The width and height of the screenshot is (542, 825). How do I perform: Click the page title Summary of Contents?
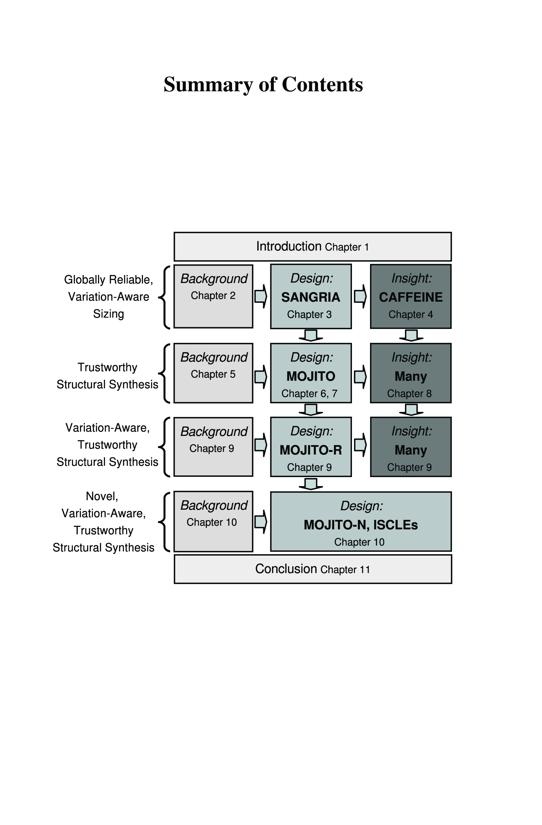(x=263, y=84)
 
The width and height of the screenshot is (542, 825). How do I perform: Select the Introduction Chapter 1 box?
(x=312, y=247)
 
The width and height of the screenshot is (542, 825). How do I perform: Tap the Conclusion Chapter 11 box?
(x=312, y=569)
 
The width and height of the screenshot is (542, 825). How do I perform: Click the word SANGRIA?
(x=310, y=297)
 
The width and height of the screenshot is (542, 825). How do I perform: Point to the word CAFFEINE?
(x=411, y=297)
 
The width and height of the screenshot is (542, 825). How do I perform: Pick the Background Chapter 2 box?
(x=213, y=296)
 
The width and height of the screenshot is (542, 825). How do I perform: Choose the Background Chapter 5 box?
(x=213, y=373)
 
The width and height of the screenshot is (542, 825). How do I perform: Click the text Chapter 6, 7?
(x=309, y=394)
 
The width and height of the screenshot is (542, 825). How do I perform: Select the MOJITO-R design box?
(x=311, y=447)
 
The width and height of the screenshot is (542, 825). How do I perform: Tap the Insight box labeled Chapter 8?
(x=411, y=373)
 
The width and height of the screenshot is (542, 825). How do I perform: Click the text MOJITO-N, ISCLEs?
(x=361, y=525)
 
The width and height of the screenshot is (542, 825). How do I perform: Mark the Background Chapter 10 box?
(x=213, y=521)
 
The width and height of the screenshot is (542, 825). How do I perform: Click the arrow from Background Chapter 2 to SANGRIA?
(x=261, y=296)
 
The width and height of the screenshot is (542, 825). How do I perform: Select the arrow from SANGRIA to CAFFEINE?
(x=360, y=296)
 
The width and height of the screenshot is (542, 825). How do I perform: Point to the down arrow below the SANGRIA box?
(x=311, y=335)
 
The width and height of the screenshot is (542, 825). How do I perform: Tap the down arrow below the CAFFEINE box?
(x=411, y=335)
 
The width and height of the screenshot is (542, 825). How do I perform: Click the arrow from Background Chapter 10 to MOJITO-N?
(x=261, y=521)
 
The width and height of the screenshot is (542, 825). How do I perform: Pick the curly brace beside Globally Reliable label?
(x=165, y=297)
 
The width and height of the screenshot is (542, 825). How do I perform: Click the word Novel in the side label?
(x=102, y=496)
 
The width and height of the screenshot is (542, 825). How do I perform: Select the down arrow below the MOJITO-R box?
(x=311, y=484)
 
